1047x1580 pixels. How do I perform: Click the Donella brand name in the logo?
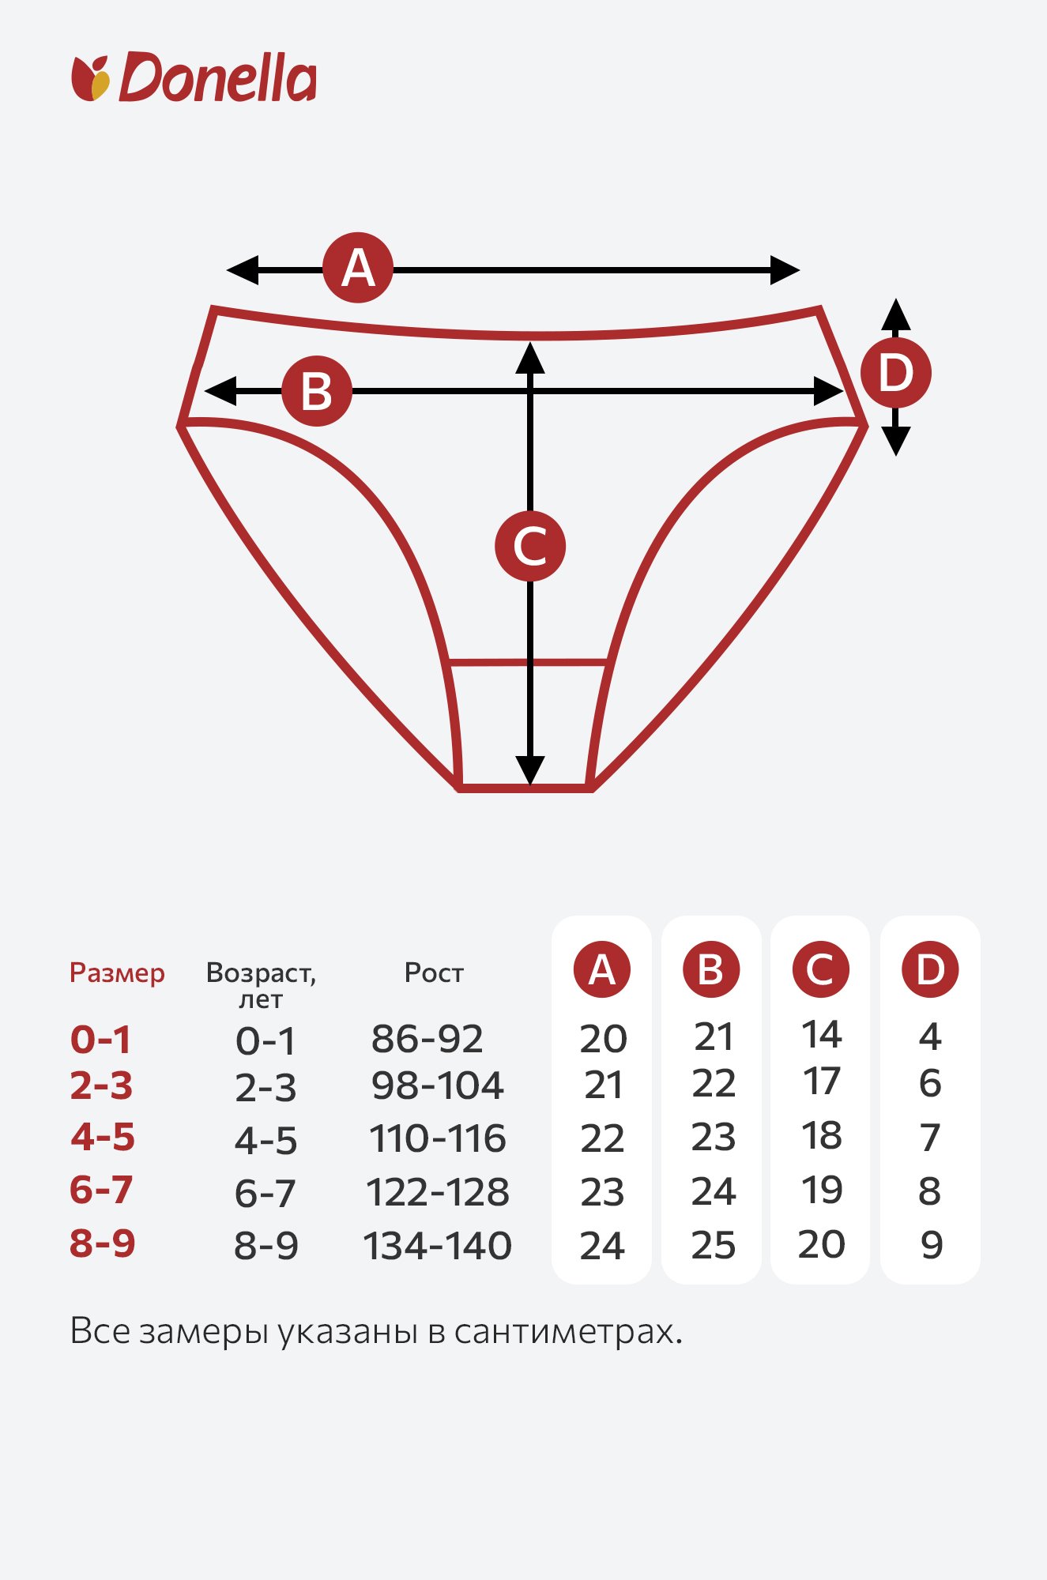click(x=218, y=77)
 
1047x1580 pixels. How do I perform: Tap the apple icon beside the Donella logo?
click(x=91, y=78)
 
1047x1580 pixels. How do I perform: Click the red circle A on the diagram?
click(x=358, y=268)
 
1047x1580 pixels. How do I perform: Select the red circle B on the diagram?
click(x=317, y=391)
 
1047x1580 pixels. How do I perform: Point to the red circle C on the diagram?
click(x=530, y=546)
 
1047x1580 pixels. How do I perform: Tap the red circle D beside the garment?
click(x=895, y=373)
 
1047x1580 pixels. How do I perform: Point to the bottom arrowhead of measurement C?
click(x=530, y=770)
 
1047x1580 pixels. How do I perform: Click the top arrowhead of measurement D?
click(x=895, y=314)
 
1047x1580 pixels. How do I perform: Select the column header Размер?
click(x=117, y=972)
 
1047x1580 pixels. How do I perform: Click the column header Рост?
click(x=434, y=972)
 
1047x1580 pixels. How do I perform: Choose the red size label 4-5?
click(x=103, y=1137)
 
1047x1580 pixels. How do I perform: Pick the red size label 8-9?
click(x=103, y=1243)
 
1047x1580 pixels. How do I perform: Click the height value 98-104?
click(x=437, y=1085)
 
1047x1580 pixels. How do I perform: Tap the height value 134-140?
click(x=437, y=1246)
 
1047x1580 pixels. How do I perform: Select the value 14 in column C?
click(x=822, y=1034)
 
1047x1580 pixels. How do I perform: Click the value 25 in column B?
click(x=714, y=1246)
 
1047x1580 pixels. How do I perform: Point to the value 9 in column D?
click(x=932, y=1246)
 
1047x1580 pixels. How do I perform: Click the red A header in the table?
click(x=602, y=969)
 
